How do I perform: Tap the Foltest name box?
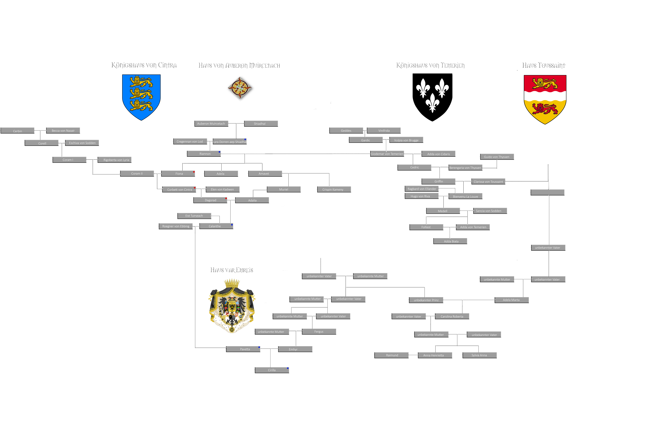(x=426, y=227)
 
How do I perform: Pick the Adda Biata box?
(x=450, y=241)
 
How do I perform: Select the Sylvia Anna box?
(x=479, y=355)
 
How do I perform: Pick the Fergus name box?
(x=319, y=331)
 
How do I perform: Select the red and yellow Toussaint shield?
(x=545, y=99)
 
